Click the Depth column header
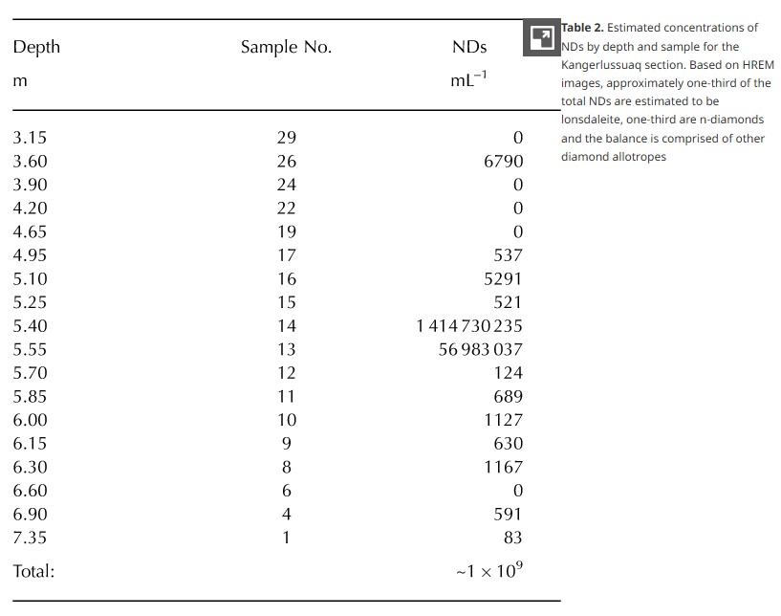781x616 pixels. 36,47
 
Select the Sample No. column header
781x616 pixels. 286,47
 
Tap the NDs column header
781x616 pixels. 468,47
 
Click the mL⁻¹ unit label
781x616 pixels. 468,80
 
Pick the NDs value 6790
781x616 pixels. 503,162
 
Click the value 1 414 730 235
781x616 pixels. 469,326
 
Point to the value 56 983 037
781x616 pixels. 480,350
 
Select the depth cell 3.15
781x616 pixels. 30,138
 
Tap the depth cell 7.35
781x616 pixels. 30,538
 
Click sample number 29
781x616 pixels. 286,138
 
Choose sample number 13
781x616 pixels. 286,350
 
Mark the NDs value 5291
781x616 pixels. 503,279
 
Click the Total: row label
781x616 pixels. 33,571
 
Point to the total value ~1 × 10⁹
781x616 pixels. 488,570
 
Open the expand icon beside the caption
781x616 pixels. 541,38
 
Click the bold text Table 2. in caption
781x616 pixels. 582,28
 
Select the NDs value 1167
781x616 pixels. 503,468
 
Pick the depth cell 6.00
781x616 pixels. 30,420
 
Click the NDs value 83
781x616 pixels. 512,538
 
